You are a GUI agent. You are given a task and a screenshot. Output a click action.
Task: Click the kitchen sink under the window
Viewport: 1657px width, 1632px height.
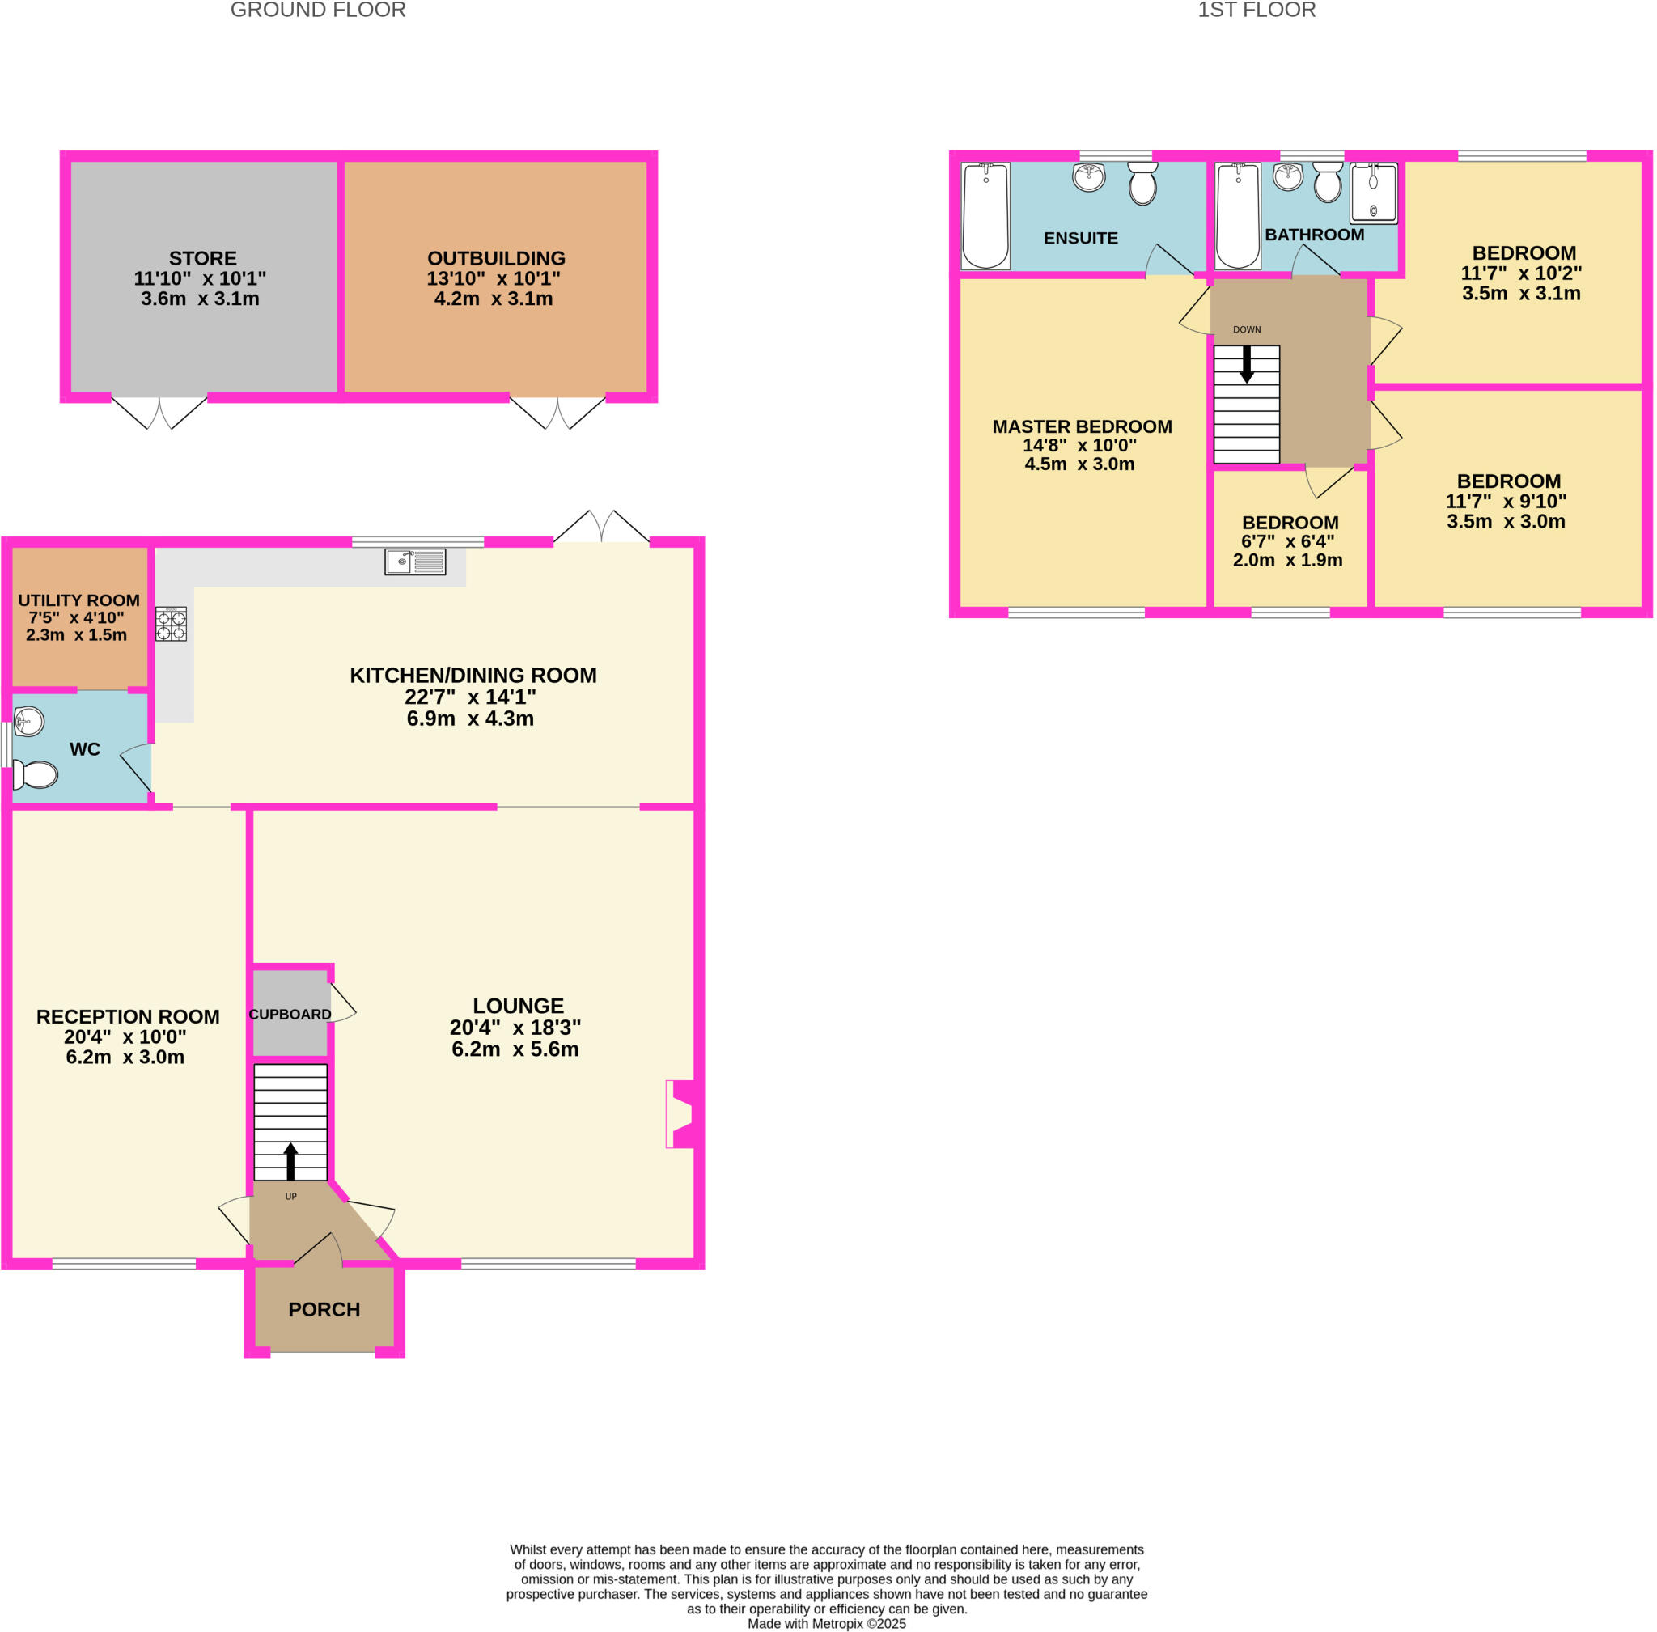(415, 562)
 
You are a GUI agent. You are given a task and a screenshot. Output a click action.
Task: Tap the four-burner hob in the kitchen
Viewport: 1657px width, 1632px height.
(171, 624)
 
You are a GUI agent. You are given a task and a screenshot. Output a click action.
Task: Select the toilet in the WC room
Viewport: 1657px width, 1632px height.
(36, 774)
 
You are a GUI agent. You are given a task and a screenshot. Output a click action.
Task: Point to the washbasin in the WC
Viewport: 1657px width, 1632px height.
(28, 721)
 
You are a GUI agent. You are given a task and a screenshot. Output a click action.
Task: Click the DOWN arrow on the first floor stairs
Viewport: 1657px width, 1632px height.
(1247, 363)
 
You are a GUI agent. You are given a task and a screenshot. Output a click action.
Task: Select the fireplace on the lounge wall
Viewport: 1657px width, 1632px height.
(681, 1113)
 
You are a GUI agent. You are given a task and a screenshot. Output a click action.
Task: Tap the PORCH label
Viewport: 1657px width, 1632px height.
(324, 1309)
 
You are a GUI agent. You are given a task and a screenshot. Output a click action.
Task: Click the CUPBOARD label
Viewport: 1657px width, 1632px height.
(290, 1014)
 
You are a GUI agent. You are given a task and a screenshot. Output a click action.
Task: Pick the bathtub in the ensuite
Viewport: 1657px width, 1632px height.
(985, 215)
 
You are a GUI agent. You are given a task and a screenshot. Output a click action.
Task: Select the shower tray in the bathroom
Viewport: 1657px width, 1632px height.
(1372, 193)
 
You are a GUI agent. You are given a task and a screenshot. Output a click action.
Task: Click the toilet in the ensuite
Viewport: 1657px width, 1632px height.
(1142, 184)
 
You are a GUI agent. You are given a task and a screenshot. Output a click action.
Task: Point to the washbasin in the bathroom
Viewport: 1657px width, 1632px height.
(1286, 176)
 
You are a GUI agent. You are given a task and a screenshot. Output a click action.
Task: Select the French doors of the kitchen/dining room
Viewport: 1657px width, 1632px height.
(601, 526)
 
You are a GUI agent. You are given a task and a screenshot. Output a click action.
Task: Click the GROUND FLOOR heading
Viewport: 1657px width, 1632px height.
(318, 11)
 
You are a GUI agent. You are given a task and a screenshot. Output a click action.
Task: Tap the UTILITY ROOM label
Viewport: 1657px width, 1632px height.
(78, 600)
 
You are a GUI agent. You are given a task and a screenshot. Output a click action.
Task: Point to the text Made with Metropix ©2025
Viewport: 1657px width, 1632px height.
(826, 1623)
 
